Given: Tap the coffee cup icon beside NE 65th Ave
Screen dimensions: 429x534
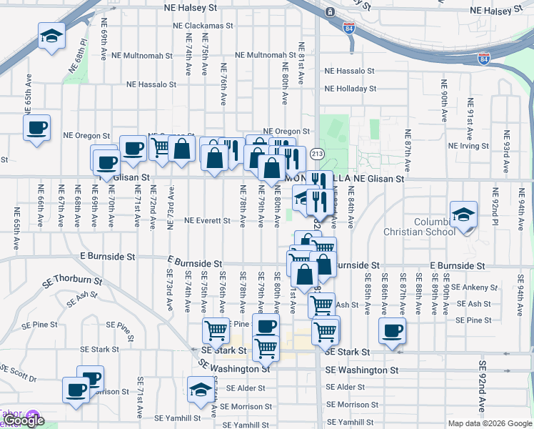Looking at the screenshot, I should click(36, 129).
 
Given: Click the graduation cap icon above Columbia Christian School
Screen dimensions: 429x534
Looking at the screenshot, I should click(463, 214).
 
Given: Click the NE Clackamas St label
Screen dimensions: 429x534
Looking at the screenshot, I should click(203, 25).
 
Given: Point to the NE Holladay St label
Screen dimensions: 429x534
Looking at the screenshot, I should click(350, 89).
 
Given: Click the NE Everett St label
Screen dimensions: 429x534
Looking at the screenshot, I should click(207, 221).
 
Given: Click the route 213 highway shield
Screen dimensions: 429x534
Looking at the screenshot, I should click(318, 154).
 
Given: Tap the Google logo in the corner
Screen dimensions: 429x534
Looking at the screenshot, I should click(23, 421).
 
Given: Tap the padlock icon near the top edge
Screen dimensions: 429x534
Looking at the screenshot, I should click(330, 12).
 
